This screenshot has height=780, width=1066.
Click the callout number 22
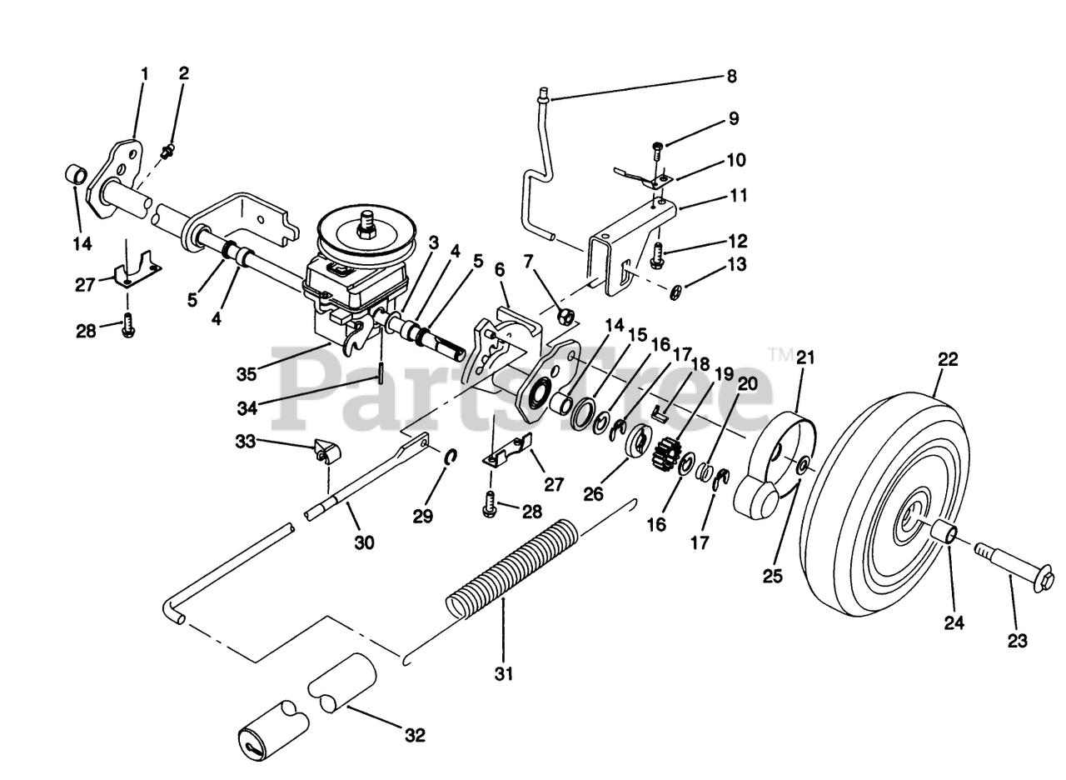(x=948, y=360)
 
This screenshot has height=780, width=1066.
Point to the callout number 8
(x=732, y=77)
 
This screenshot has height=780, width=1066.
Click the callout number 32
(x=415, y=736)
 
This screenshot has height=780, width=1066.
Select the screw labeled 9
(x=657, y=151)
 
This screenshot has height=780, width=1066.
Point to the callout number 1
(x=144, y=74)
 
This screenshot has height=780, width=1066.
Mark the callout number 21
(x=804, y=358)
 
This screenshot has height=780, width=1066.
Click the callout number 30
(x=364, y=542)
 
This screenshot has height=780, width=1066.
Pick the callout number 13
(x=735, y=264)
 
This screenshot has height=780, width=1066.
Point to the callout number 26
(x=592, y=494)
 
